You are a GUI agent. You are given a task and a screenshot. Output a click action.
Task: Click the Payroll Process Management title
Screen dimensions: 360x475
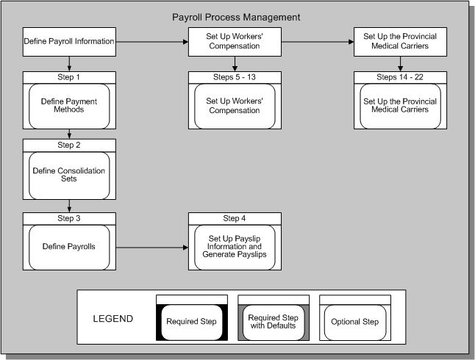(235, 16)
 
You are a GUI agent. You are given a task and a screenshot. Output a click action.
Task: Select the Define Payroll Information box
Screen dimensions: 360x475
(69, 41)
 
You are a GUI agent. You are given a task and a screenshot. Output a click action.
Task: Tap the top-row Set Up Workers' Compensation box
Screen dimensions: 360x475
(235, 41)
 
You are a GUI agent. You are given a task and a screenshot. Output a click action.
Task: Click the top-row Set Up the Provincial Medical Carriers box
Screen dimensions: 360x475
(400, 41)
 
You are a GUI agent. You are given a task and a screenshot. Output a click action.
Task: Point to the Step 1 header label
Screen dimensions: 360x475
(69, 76)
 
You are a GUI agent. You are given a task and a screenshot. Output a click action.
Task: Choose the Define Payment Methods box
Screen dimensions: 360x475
(69, 106)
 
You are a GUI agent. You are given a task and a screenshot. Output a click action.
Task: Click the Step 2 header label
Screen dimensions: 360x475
(69, 145)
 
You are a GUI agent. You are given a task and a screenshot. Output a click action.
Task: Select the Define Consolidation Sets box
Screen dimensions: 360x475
(69, 176)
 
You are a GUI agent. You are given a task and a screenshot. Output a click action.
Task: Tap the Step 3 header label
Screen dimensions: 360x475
(69, 217)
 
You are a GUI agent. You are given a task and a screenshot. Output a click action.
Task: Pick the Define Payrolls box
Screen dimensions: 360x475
(69, 247)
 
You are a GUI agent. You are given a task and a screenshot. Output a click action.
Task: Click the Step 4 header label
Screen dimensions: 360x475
(235, 217)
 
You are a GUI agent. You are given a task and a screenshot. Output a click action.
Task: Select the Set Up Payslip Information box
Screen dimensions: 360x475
(235, 247)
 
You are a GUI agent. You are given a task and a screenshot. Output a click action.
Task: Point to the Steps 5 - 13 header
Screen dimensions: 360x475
(235, 76)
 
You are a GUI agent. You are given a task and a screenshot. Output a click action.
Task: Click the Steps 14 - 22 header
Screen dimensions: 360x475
(400, 76)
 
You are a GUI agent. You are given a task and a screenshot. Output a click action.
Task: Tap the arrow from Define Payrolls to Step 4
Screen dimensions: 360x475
(151, 248)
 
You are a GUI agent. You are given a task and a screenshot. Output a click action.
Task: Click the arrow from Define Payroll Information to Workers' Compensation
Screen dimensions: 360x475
(151, 42)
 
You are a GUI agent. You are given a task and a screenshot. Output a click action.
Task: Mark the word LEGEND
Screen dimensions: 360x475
(113, 319)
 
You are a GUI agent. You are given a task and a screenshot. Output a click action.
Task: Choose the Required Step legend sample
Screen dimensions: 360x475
(190, 321)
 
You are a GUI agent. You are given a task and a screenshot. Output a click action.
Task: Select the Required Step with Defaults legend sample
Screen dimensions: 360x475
(274, 321)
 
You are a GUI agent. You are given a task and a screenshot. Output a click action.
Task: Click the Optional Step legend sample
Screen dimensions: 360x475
(355, 321)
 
